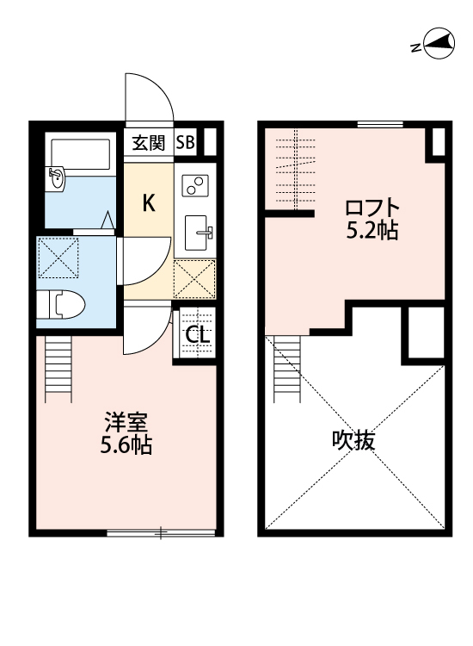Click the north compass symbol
(433, 45)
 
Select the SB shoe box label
(185, 143)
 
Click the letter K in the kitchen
(148, 203)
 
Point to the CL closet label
(196, 335)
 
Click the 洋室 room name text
(126, 424)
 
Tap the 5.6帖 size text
(126, 446)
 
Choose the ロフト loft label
(372, 208)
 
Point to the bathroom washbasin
(56, 178)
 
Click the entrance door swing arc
(150, 99)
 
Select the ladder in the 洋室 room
(58, 365)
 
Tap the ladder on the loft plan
(288, 365)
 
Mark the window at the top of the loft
(379, 125)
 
